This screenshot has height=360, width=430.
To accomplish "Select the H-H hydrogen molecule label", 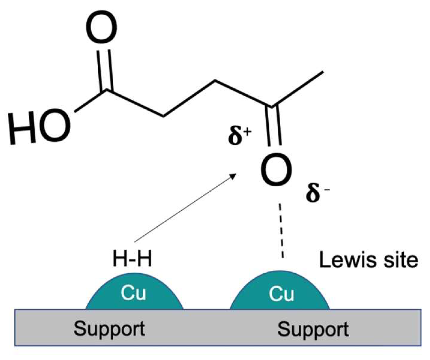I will tap(132, 259).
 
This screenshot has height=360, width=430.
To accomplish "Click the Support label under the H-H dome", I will tap(109, 328).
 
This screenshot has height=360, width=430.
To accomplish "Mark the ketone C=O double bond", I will tap(274, 126).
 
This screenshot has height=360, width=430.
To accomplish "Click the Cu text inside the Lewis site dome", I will tap(281, 294).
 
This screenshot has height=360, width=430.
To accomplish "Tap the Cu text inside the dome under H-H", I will tap(133, 292).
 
